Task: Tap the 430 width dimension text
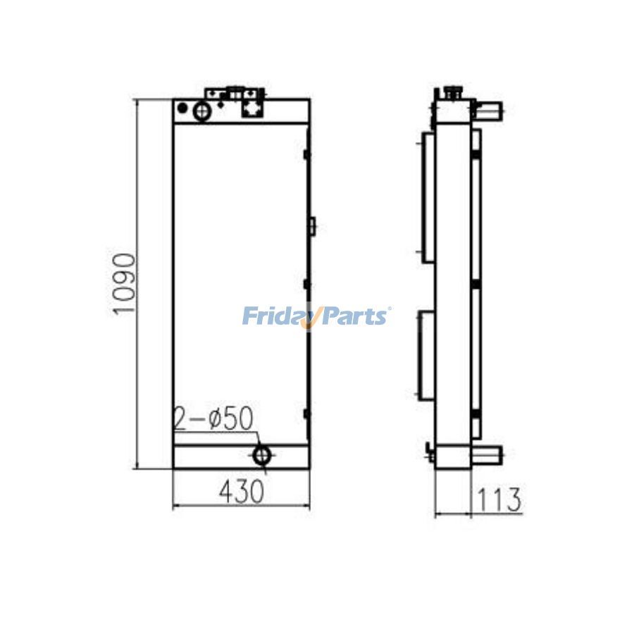(242, 491)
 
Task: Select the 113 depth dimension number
(499, 499)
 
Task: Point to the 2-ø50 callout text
(213, 419)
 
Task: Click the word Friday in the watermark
(275, 316)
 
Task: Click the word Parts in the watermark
(354, 316)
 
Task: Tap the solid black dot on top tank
(182, 108)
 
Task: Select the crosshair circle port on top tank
(202, 111)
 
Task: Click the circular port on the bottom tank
(262, 455)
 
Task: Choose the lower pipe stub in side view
(486, 454)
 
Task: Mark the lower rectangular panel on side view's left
(427, 356)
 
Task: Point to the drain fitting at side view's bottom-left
(430, 451)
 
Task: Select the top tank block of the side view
(452, 111)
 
